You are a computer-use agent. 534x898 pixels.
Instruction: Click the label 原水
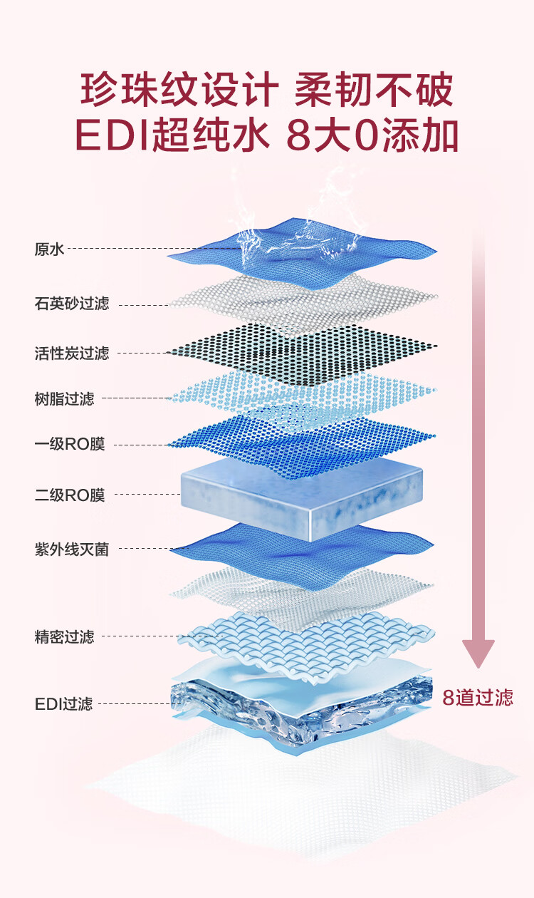(49, 249)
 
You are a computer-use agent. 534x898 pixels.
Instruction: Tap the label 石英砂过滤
(72, 303)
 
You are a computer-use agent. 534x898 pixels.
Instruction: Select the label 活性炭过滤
(72, 353)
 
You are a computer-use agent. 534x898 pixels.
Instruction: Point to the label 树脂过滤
(64, 399)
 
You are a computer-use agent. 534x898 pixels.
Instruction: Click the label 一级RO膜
(70, 444)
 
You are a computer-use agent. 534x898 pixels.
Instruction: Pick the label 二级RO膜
(70, 495)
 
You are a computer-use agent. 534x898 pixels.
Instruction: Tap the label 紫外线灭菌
(72, 549)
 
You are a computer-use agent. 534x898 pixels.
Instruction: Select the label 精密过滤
(64, 636)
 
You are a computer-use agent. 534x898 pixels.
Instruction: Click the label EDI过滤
(63, 703)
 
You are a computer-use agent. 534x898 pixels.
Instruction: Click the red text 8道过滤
(478, 698)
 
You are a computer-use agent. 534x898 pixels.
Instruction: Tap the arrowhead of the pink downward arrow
(478, 653)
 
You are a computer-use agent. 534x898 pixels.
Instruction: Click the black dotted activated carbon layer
(303, 353)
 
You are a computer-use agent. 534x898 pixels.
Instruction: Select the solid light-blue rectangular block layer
(302, 499)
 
